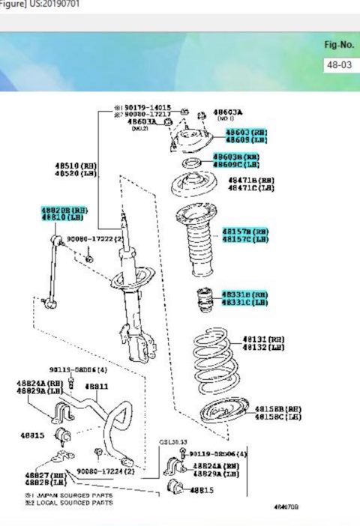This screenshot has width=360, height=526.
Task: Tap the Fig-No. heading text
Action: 338,44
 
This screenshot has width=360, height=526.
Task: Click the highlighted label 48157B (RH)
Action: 244,231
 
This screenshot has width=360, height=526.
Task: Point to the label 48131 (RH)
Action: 262,339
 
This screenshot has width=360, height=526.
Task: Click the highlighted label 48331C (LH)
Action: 244,302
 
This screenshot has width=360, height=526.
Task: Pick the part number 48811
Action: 97,387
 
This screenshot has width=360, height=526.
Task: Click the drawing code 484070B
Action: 286,507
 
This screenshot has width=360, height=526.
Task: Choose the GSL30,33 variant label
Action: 173,444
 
